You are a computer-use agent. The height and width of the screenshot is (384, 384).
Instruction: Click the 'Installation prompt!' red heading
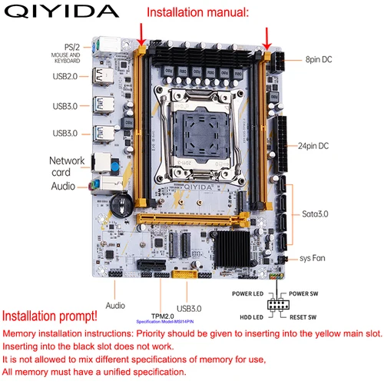pos(50,316)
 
